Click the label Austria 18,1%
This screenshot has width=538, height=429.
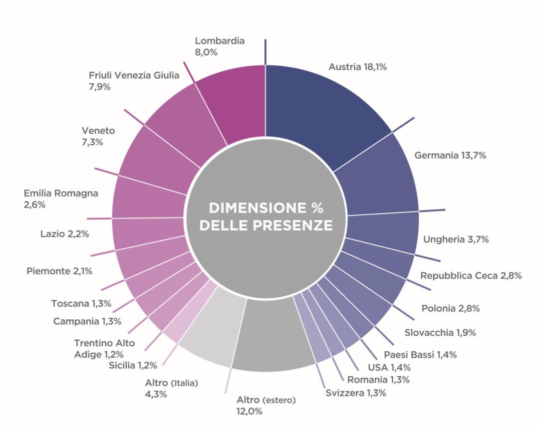pyautogui.click(x=357, y=67)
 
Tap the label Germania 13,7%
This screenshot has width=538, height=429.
pyautogui.click(x=450, y=155)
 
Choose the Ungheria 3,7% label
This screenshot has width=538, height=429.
pyautogui.click(x=456, y=239)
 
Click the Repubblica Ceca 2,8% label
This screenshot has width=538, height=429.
pyautogui.click(x=471, y=275)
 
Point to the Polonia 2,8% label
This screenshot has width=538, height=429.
pyautogui.click(x=450, y=308)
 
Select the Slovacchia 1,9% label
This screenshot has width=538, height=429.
pyautogui.click(x=440, y=332)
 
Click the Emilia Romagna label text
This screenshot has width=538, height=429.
pyautogui.click(x=61, y=193)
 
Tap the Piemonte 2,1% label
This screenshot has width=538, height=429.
pyautogui.click(x=59, y=271)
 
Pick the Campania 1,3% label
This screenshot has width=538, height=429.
pyautogui.click(x=87, y=321)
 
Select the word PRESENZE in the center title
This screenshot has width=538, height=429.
pyautogui.click(x=292, y=225)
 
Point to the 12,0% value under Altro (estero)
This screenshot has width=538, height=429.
pyautogui.click(x=250, y=411)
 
